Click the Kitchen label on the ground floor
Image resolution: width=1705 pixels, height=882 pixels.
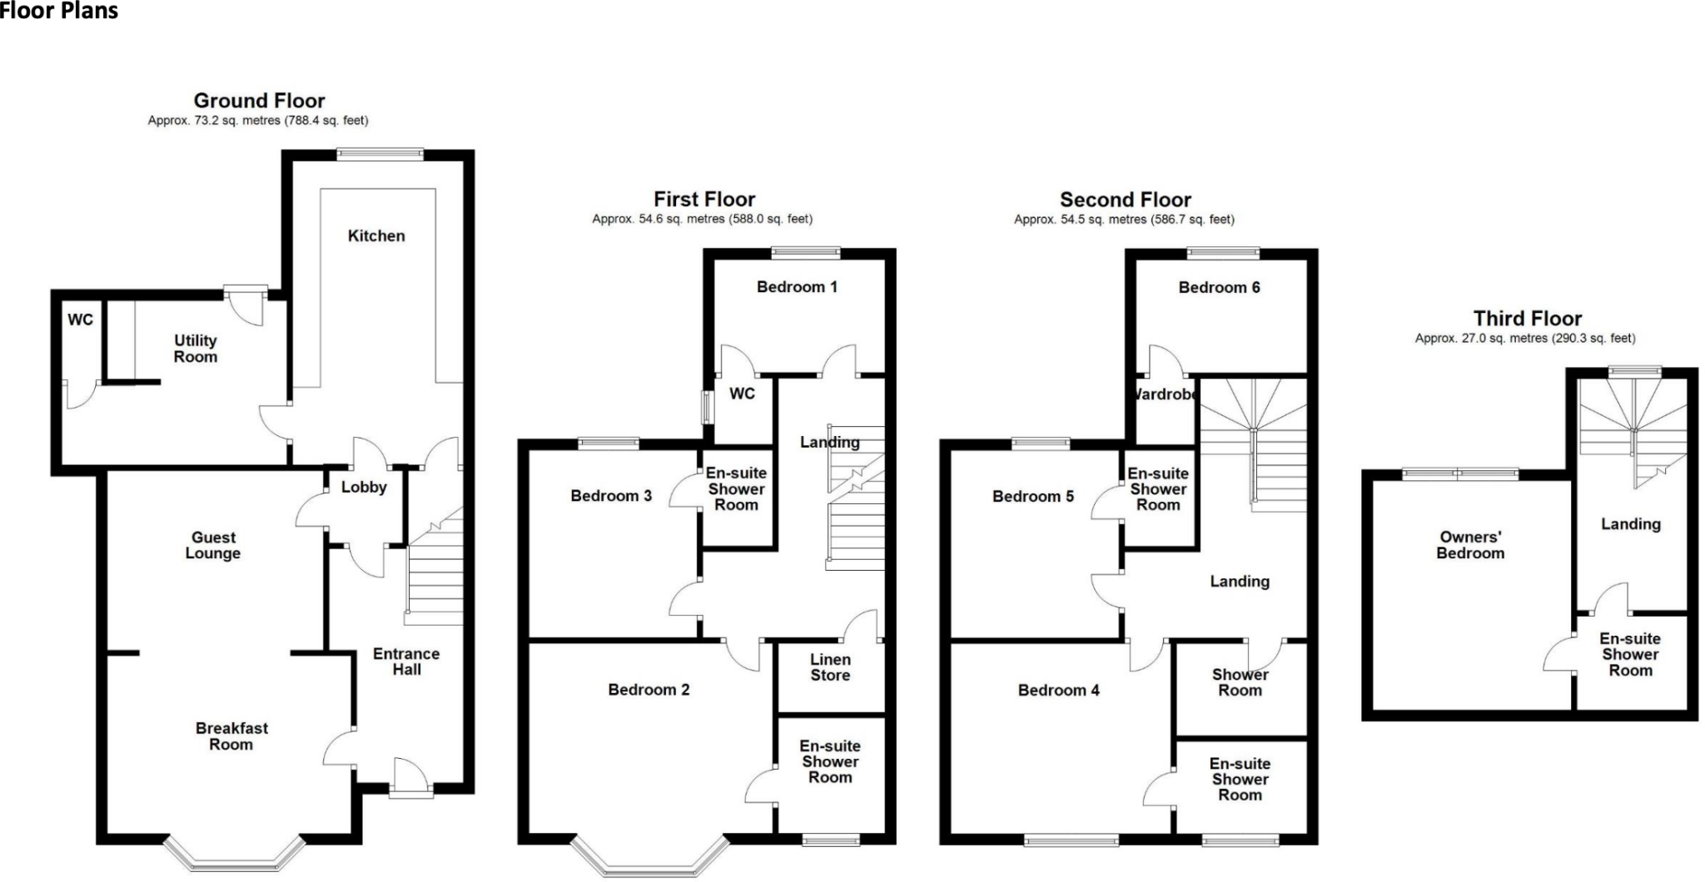click(376, 236)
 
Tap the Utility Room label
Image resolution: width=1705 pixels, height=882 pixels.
click(196, 349)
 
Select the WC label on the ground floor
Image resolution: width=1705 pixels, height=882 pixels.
click(81, 320)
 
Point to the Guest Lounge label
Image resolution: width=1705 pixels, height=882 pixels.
click(213, 545)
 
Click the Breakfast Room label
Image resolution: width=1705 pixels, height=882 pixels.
click(231, 736)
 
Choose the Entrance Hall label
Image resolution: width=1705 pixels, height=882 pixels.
click(406, 661)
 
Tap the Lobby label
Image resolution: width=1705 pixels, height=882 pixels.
click(364, 488)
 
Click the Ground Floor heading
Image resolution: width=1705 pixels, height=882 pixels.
click(259, 101)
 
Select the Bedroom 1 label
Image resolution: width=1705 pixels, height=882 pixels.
click(797, 287)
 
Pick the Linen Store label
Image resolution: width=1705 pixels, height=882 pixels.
click(830, 667)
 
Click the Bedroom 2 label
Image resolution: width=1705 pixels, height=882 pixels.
click(649, 690)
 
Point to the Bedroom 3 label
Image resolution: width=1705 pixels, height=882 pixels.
click(611, 496)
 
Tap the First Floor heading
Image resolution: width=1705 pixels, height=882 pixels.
click(704, 200)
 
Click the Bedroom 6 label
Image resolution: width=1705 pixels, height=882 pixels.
click(1219, 288)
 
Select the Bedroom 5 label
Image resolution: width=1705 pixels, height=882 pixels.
click(1033, 497)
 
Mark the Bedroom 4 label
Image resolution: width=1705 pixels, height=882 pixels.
click(1059, 691)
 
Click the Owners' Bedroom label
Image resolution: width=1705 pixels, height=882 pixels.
click(1470, 545)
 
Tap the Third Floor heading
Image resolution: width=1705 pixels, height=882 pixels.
click(1527, 319)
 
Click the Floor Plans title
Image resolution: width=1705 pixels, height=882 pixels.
click(59, 11)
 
